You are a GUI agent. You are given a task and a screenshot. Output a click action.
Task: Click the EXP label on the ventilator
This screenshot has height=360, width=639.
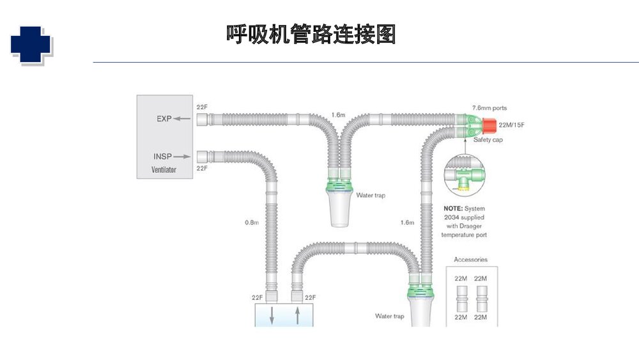164,119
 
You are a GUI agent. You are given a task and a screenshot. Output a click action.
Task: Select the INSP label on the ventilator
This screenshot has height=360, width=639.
162,156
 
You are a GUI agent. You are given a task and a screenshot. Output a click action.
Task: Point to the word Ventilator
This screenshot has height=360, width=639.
164,170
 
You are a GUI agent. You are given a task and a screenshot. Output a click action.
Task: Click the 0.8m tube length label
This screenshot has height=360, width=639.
251,223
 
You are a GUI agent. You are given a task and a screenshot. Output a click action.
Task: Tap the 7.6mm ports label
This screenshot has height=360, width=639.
489,108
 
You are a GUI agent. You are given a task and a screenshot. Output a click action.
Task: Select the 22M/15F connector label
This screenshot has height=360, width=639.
511,125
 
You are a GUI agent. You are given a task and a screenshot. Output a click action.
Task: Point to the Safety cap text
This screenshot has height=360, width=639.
488,139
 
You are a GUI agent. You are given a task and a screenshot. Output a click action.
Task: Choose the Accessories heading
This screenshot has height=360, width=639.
470,260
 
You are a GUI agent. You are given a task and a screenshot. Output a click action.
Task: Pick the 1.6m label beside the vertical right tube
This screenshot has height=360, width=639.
407,223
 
